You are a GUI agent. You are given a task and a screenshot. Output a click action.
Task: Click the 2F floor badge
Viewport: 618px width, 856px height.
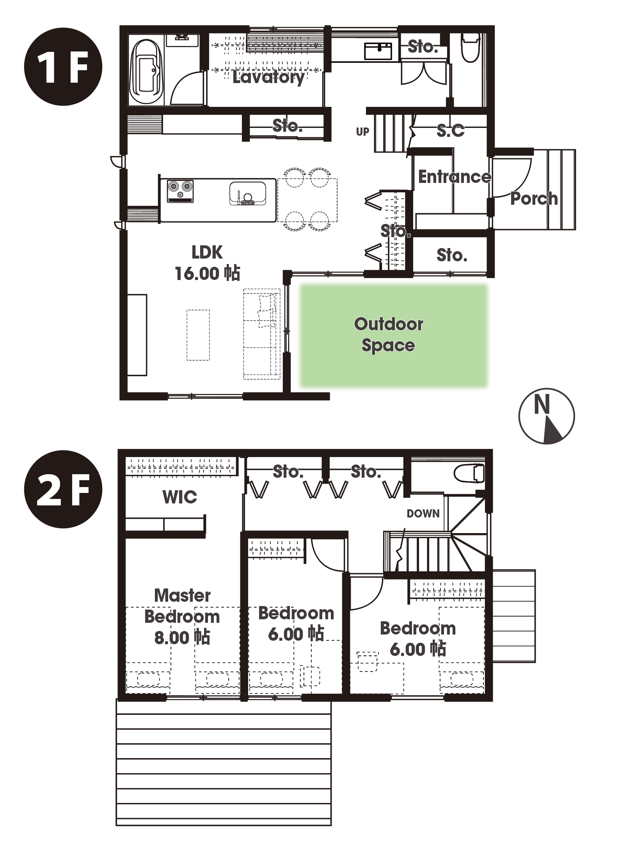click(63, 489)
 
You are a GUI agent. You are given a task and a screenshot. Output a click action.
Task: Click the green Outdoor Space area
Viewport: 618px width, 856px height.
click(394, 335)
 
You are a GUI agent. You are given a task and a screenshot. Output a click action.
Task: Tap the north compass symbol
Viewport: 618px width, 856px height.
click(546, 416)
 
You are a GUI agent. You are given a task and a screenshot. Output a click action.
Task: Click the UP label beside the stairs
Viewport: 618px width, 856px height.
click(362, 132)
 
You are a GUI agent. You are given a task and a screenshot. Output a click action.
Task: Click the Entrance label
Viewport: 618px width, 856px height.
click(455, 177)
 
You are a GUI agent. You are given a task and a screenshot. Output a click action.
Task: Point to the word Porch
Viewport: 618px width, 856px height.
click(534, 199)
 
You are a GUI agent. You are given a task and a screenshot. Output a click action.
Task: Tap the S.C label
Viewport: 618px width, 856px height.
click(451, 131)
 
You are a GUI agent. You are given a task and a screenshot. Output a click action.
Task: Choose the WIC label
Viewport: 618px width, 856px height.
click(180, 497)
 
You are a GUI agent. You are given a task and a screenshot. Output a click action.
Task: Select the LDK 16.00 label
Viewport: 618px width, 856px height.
click(207, 263)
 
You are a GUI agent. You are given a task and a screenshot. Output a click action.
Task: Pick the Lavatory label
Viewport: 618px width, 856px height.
click(268, 78)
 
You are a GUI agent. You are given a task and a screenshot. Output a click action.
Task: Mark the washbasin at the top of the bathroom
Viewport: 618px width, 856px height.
click(182, 39)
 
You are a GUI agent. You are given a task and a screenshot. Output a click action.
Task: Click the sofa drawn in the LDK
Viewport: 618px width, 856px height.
click(262, 333)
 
